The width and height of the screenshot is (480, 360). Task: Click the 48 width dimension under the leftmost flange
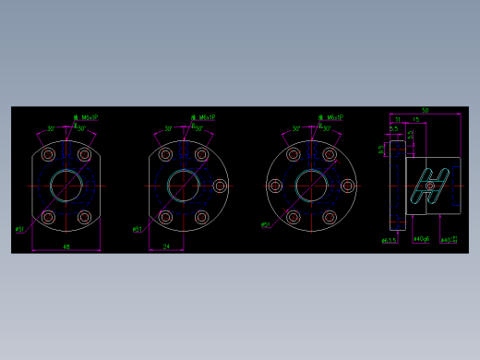pos(66,246)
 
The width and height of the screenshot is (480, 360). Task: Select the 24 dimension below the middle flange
pos(166,246)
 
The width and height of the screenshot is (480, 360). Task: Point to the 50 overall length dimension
pos(424,111)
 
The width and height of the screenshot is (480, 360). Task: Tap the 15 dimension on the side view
pos(416,120)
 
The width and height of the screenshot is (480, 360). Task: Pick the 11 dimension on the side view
pos(397,120)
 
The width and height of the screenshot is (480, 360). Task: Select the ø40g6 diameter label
pos(421,240)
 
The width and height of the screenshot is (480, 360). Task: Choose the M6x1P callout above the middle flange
pos(202,118)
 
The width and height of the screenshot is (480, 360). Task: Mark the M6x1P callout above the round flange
pos(330,118)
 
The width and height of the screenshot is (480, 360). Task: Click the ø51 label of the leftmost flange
pos(20,229)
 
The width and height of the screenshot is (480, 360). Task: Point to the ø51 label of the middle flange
pos(138,229)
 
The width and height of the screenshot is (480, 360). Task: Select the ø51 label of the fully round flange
pos(265,224)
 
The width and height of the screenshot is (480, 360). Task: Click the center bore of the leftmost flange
pos(66,186)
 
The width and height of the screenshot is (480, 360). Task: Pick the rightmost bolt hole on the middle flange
pos(220,186)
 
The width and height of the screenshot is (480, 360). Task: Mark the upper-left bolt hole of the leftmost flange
pos(48,155)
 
